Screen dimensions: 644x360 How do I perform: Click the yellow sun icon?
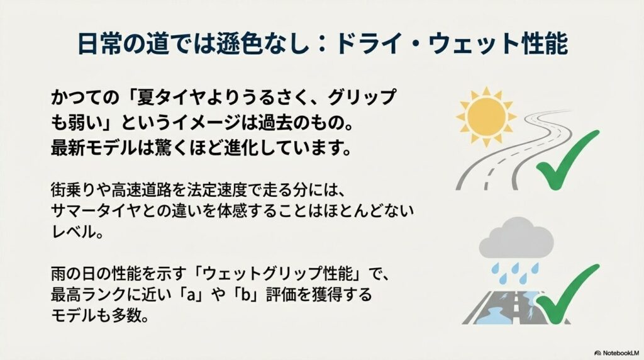[486, 116]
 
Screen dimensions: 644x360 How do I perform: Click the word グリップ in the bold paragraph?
[362, 97]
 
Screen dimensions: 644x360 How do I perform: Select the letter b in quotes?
[246, 295]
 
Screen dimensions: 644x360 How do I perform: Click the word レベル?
[72, 233]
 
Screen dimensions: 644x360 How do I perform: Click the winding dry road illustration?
[513, 150]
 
